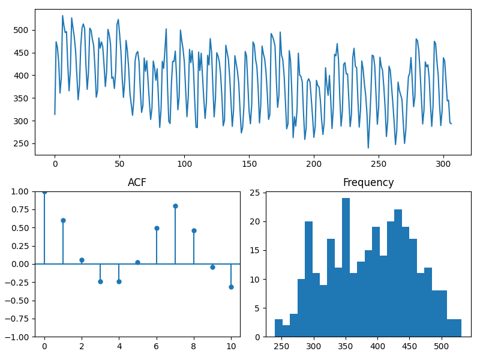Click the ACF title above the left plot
point(137,183)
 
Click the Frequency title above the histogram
point(368,183)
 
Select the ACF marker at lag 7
point(175,206)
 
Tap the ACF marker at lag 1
point(63,220)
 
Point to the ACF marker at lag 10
point(231,287)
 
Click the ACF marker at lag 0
point(44,191)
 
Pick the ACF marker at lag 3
point(100,281)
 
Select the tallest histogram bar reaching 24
point(346,267)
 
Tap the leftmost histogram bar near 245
point(278,328)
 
